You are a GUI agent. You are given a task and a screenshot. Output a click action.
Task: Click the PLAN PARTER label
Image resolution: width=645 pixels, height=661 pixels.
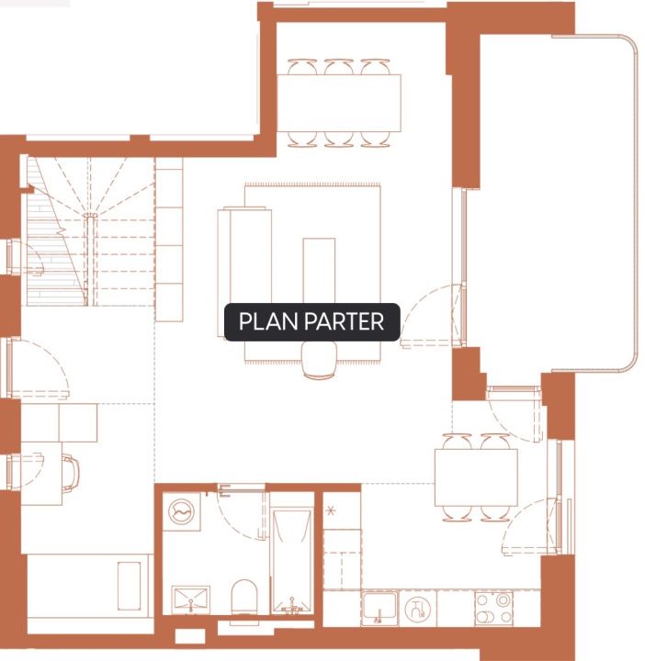click(x=311, y=321)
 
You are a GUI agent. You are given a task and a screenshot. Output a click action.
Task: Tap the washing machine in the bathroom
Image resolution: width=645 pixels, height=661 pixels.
click(x=181, y=511)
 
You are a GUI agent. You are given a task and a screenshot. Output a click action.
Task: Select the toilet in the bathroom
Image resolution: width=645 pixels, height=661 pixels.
click(x=243, y=596)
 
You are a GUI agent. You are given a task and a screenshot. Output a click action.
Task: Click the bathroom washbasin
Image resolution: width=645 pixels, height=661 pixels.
click(x=191, y=599)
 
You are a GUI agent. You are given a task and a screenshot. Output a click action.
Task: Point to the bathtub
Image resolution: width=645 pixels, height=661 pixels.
click(x=292, y=561)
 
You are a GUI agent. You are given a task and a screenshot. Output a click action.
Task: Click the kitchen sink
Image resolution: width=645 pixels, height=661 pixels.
click(x=379, y=608)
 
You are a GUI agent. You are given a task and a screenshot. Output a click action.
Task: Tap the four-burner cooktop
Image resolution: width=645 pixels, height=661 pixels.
click(x=493, y=608)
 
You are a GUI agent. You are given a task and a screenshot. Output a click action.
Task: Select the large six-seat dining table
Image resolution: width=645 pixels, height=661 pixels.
click(x=339, y=103)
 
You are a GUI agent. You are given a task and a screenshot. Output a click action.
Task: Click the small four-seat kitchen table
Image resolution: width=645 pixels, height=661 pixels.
click(x=476, y=477)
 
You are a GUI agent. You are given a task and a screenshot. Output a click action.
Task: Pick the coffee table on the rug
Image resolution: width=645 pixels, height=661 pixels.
click(x=319, y=270)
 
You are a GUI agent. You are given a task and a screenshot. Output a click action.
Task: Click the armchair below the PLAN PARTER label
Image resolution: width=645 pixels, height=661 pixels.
click(x=320, y=360)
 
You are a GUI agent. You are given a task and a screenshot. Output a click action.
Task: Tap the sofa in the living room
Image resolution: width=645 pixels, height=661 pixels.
click(x=244, y=272)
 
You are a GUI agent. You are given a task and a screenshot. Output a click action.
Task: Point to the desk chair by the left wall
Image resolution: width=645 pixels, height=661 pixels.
click(x=70, y=473)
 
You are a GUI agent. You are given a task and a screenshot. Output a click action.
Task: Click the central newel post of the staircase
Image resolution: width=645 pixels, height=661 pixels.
click(x=90, y=216)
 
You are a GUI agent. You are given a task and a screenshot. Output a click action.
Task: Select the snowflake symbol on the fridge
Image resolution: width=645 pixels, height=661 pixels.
click(x=331, y=511)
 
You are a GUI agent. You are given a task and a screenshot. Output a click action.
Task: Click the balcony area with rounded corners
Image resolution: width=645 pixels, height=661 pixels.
click(x=557, y=202)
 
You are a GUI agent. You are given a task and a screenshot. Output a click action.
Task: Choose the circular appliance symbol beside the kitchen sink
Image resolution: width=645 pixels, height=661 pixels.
click(x=417, y=609)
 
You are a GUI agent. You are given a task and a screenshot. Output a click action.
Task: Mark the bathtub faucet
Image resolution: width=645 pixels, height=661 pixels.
click(x=291, y=605)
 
